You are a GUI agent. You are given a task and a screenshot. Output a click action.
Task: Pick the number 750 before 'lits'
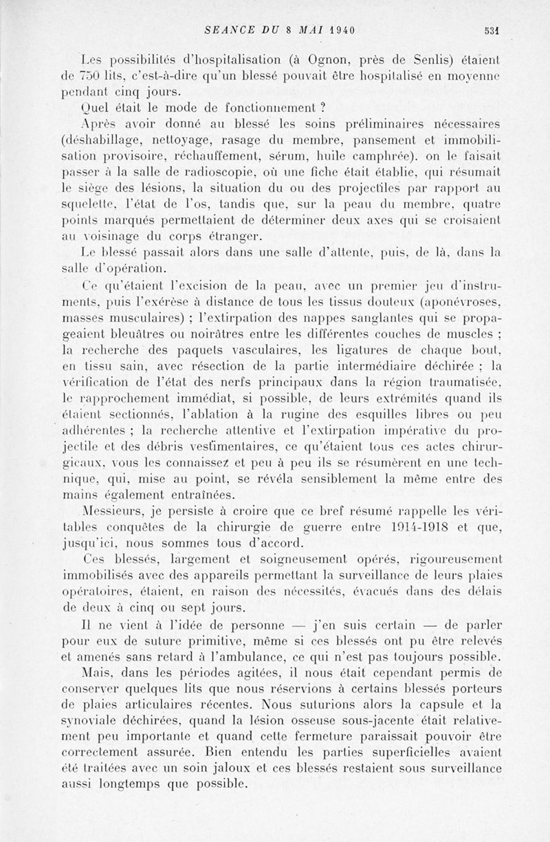90,76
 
